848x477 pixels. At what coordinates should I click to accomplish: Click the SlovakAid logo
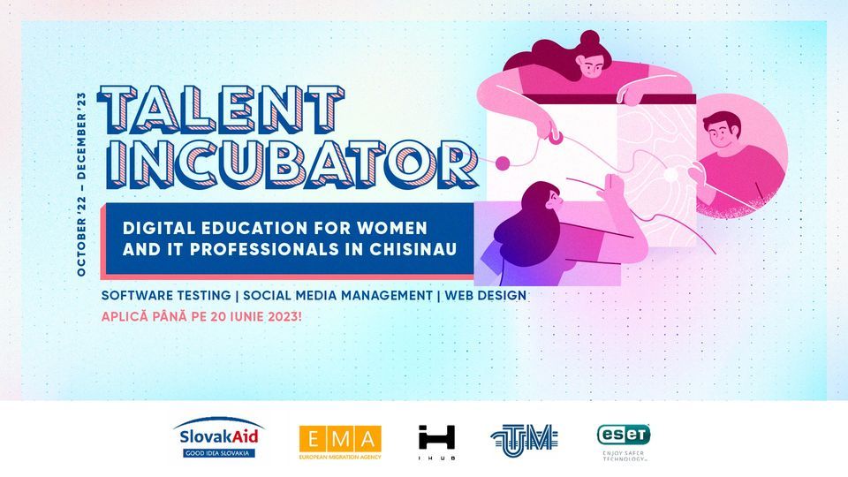218,437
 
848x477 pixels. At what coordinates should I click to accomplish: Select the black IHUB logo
436,442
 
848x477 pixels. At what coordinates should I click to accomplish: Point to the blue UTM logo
524,440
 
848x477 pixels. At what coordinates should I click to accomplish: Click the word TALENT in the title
221,110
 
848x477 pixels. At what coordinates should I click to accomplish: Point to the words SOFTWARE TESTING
166,296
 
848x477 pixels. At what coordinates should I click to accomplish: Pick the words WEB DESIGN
485,296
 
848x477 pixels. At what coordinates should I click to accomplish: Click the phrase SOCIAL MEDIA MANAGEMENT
337,296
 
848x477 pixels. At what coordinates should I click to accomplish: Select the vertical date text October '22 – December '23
81,185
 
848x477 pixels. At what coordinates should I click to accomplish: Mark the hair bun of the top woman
589,40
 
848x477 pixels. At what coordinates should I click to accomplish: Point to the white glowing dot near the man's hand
670,175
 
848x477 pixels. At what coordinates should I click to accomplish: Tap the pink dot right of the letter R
503,163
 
